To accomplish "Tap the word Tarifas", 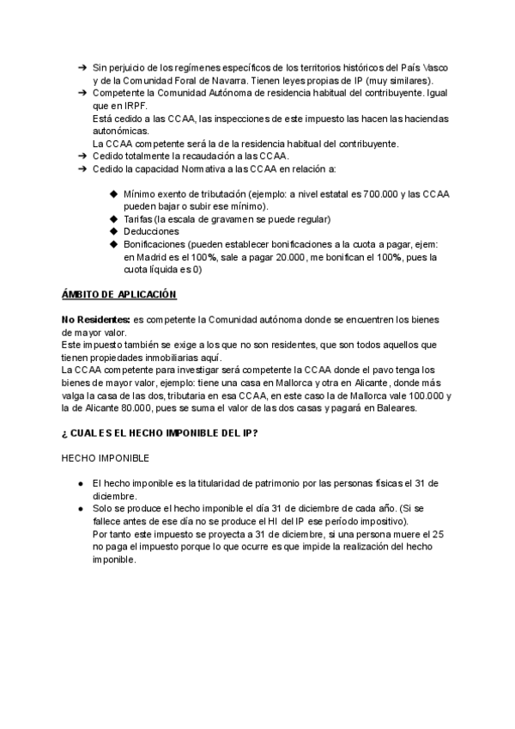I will pyautogui.click(x=140, y=219).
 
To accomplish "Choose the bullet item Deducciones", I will pyautogui.click(x=151, y=231).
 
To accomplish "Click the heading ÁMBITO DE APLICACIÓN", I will pyautogui.click(x=119, y=295).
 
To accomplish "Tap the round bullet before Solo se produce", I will pyautogui.click(x=80, y=509).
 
